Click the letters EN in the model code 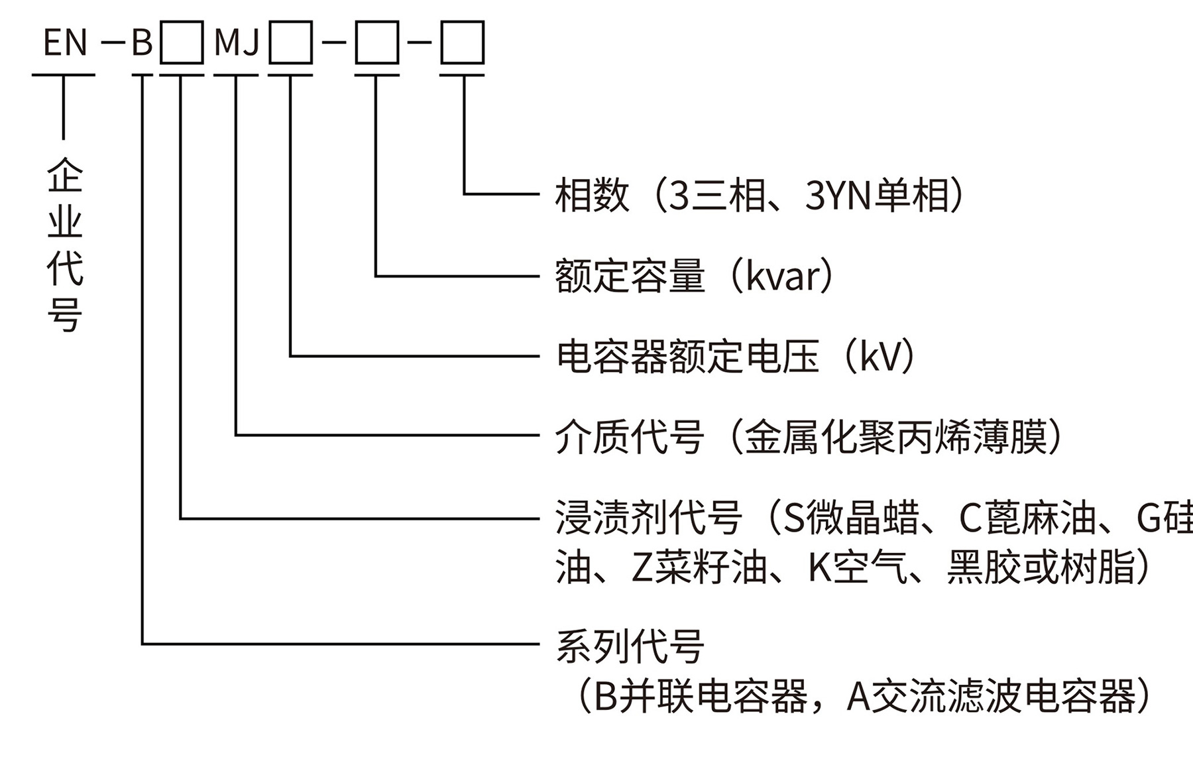[65, 43]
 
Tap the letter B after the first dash [142, 43]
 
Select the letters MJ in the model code [237, 43]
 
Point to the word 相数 [592, 196]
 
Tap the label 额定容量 [630, 276]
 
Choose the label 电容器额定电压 [687, 357]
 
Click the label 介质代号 [630, 437]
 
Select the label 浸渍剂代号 [648, 518]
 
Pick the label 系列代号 [630, 646]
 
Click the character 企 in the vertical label [64, 174]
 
